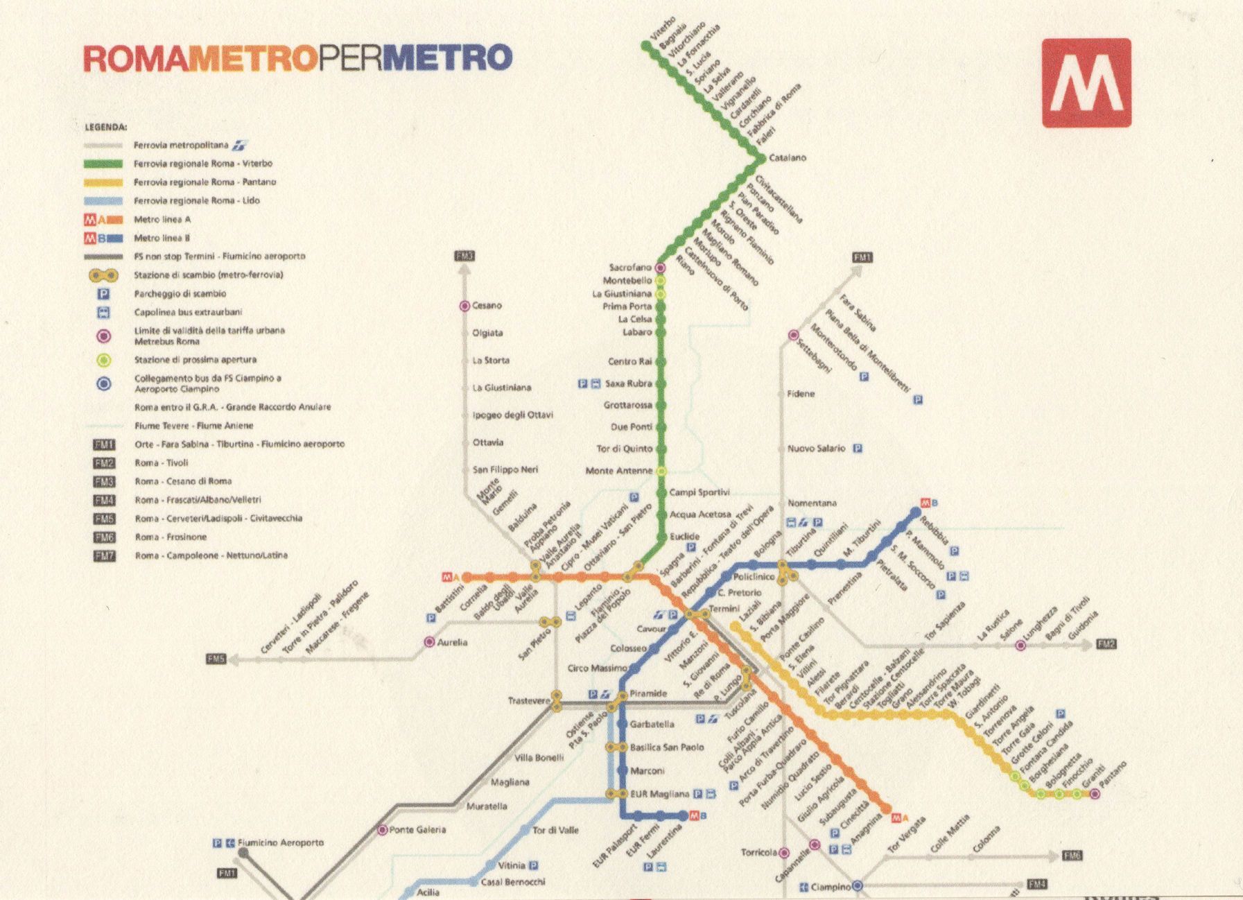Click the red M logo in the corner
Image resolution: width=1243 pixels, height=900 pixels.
[1086, 83]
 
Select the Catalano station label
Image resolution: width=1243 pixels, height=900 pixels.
[788, 158]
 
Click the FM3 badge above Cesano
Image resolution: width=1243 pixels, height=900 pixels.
[465, 257]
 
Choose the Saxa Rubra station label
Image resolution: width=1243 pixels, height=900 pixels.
[628, 383]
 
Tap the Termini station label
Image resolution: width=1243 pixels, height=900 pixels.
[724, 609]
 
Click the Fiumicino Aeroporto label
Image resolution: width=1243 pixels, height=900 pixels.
[280, 842]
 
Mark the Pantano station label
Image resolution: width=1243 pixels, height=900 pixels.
[1113, 774]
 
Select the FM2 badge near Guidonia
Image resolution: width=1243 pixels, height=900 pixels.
[1106, 644]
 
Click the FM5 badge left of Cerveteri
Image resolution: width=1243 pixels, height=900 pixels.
[216, 659]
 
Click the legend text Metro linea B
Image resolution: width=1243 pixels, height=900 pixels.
[162, 238]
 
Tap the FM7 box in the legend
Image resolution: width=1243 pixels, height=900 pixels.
[104, 555]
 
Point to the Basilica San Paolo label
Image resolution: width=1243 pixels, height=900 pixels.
[666, 747]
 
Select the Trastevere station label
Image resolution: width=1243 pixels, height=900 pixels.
[528, 701]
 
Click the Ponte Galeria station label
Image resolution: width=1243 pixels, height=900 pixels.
[417, 829]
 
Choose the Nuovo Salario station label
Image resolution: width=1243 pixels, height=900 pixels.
[816, 449]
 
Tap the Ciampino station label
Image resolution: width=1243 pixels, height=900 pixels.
[830, 887]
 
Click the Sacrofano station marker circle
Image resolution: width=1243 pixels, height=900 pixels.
[661, 268]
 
